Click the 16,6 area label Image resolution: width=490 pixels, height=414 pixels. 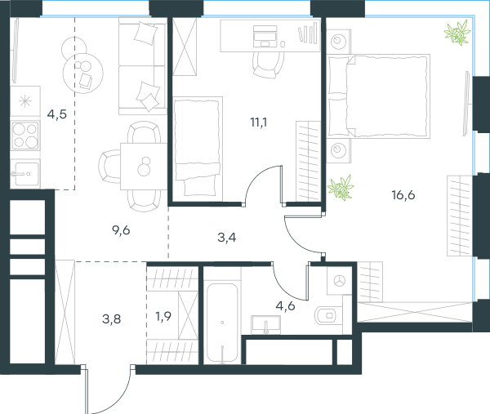[403, 195]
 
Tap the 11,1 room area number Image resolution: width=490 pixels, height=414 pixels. [259, 122]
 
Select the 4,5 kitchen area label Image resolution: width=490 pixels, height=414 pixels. [57, 114]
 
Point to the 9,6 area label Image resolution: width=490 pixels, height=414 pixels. [121, 230]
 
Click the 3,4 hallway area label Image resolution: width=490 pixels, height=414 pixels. [227, 238]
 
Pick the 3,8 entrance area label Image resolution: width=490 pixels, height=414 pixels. [112, 319]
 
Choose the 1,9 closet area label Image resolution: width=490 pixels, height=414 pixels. [163, 317]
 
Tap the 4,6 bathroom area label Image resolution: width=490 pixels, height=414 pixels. [285, 306]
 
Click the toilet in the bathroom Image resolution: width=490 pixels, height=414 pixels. [326, 315]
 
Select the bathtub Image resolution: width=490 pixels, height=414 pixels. [222, 323]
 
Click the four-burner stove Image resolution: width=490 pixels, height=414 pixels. [25, 136]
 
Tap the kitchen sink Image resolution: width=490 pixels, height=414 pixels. [25, 173]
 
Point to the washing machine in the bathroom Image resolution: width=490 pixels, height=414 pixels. [339, 280]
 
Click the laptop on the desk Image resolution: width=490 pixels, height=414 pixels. [265, 36]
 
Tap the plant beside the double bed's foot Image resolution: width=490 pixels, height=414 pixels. [341, 188]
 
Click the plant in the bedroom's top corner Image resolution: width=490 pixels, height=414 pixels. [458, 33]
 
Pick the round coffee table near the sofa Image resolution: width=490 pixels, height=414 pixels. [82, 73]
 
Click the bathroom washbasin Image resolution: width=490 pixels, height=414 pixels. [266, 324]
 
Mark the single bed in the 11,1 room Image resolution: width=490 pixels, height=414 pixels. [198, 149]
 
